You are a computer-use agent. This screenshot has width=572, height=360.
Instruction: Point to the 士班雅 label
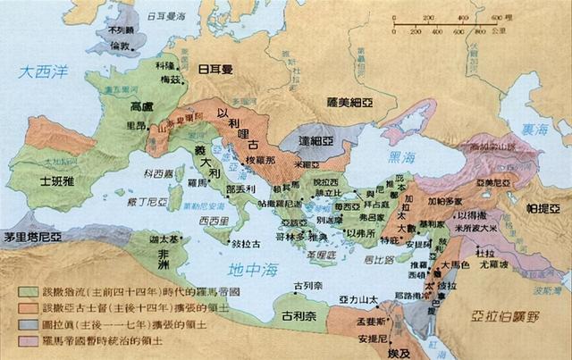(57, 181)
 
